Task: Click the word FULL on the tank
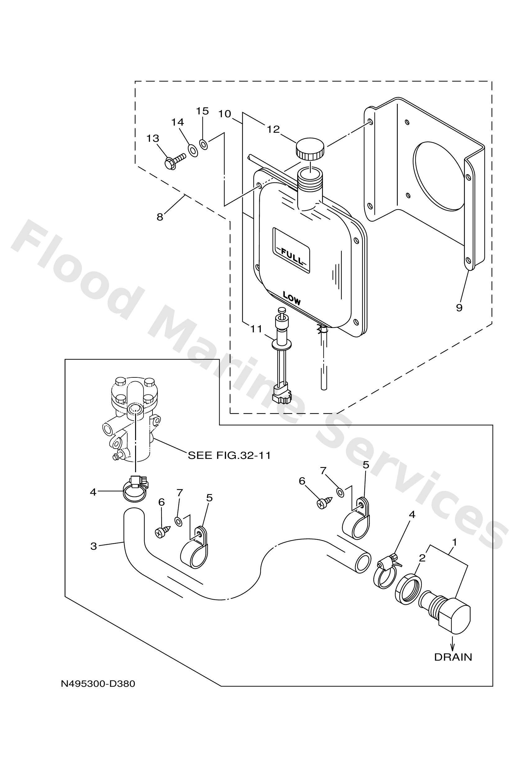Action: tap(292, 256)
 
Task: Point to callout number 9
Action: tap(459, 308)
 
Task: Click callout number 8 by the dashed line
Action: tap(160, 217)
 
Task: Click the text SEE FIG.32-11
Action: tap(229, 455)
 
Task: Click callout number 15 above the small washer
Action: tap(202, 111)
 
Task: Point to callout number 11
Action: tap(256, 329)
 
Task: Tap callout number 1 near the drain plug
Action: tap(455, 542)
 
